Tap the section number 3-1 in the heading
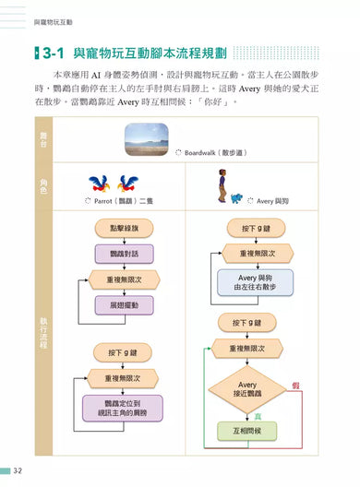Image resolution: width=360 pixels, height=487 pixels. click(x=49, y=53)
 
